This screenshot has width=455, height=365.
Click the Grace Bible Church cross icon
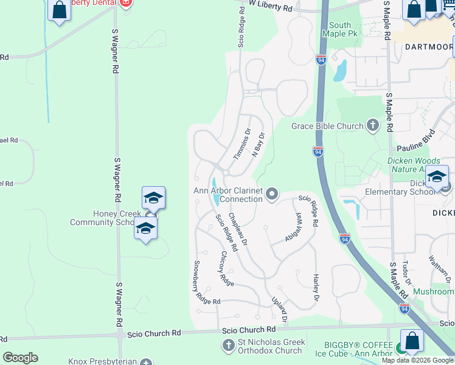(372, 126)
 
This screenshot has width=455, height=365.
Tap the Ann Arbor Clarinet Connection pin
(272, 195)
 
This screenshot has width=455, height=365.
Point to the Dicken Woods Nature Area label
(414, 165)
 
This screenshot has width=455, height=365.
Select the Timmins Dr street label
(241, 144)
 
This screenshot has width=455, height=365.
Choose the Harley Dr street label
(316, 287)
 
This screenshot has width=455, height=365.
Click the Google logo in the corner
(20, 358)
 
